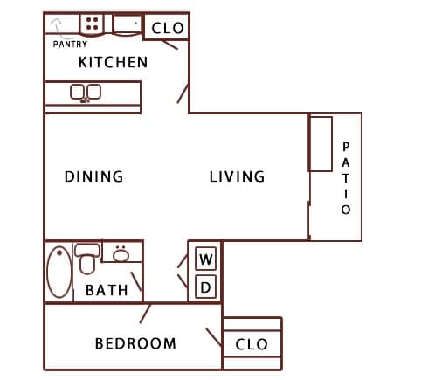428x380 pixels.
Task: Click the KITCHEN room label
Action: click(113, 62)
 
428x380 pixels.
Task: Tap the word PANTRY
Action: click(70, 44)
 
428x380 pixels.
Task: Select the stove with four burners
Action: click(92, 24)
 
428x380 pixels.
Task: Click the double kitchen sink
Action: click(86, 92)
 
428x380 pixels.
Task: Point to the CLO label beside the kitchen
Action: click(168, 28)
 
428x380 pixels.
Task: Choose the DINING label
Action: click(93, 176)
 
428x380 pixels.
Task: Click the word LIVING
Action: click(237, 176)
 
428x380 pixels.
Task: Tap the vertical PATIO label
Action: click(346, 178)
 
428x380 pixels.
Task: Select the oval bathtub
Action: click(59, 272)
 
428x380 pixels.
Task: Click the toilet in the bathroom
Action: click(87, 259)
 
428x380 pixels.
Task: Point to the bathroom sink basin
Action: click(121, 254)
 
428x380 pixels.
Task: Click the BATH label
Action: click(107, 290)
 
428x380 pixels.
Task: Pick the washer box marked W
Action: click(206, 259)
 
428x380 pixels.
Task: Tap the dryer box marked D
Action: click(206, 286)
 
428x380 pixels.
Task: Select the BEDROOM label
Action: click(135, 343)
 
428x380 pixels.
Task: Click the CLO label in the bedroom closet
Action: click(252, 344)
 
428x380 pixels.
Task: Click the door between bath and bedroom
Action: click(146, 313)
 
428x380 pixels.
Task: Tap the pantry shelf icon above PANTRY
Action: click(57, 25)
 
